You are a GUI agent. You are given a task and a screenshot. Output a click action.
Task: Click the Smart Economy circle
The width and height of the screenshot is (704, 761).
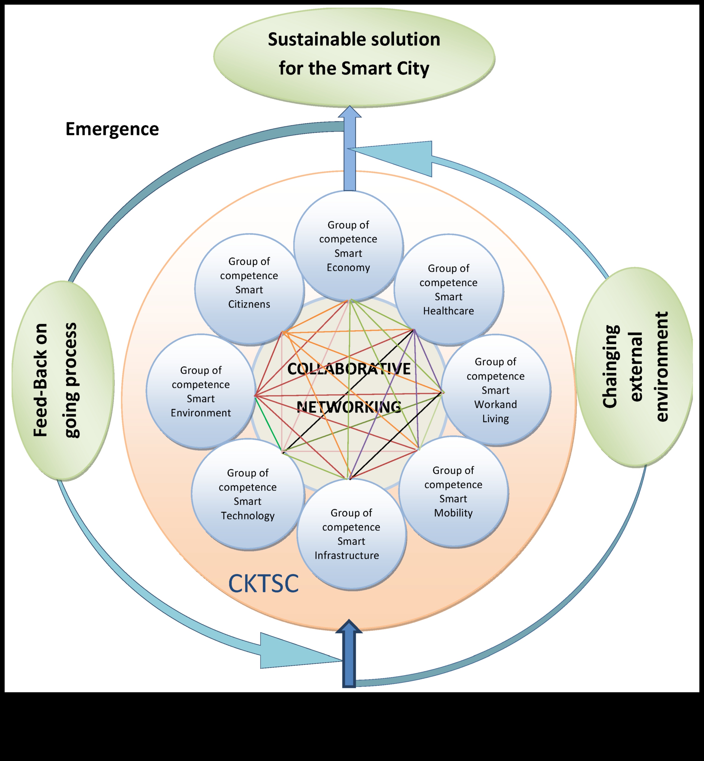[x=348, y=246]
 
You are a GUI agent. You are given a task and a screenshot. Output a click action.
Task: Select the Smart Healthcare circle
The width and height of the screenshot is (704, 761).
[x=448, y=290]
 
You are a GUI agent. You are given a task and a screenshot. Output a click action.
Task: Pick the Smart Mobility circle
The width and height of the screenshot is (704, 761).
[x=453, y=492]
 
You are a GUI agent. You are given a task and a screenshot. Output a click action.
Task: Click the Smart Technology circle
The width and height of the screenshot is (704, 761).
[x=248, y=494]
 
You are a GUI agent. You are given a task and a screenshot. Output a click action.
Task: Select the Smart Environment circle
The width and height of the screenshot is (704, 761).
[x=201, y=391]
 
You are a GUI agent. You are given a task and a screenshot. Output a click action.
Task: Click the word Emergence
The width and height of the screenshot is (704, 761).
[x=112, y=129]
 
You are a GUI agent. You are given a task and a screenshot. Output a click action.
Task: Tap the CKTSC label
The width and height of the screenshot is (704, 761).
[x=263, y=583]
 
